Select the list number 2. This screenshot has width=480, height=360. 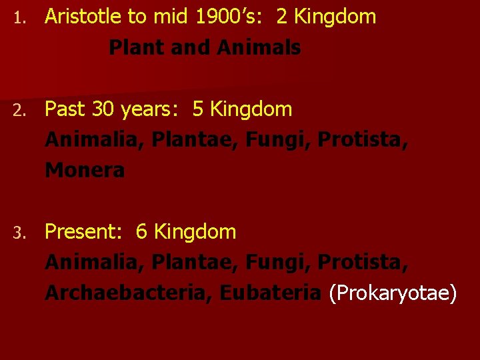[x=21, y=110]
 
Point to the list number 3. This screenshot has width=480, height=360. [x=21, y=233]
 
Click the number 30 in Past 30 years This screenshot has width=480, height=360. [x=103, y=109]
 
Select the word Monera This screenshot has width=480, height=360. [x=85, y=171]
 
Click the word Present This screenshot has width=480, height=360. [x=83, y=232]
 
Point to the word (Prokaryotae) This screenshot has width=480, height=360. [x=393, y=293]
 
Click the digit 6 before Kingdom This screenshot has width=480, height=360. [x=141, y=232]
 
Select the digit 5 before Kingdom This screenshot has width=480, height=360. [x=198, y=109]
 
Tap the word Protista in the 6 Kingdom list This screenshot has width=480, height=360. [x=363, y=263]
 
